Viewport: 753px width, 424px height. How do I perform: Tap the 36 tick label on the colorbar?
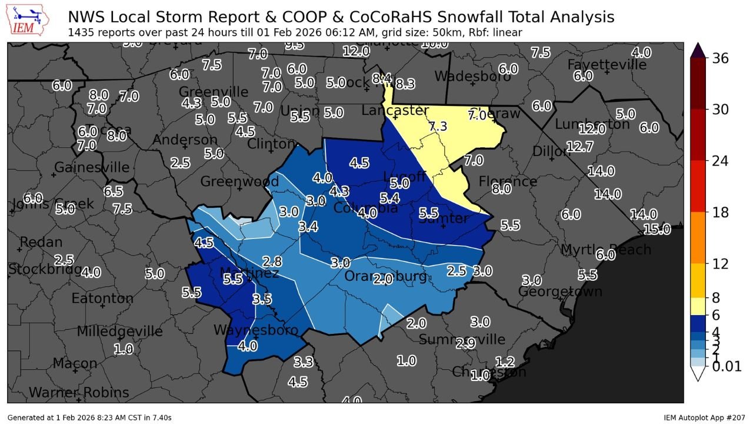point(721,58)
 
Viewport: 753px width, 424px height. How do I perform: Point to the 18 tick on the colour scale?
point(721,213)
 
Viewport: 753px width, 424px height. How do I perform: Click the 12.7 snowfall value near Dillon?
point(580,147)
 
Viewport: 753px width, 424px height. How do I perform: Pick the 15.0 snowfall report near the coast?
point(656,229)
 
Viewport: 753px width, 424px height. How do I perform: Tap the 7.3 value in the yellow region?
point(438,126)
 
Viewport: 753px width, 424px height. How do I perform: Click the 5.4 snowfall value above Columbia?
point(389,198)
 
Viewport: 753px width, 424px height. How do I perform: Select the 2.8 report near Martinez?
point(272,261)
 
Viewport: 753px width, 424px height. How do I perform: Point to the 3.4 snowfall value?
point(308,226)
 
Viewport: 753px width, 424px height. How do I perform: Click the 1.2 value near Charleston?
point(505,361)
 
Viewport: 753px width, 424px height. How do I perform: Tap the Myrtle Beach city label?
point(605,250)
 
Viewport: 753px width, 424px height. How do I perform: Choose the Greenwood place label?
point(239,181)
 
